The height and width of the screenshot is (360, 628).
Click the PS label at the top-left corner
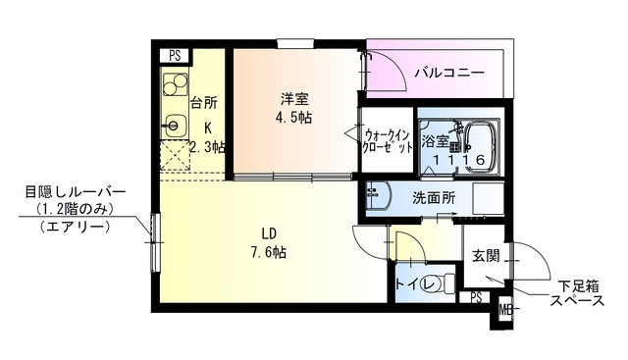[174, 56]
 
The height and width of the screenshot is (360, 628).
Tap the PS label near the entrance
[476, 296]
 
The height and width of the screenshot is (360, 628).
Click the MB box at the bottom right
[505, 312]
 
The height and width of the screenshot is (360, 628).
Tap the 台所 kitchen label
[203, 102]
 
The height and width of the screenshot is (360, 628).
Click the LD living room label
[267, 232]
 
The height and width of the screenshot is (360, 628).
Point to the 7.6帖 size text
[267, 252]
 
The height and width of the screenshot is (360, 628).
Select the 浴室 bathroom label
[435, 141]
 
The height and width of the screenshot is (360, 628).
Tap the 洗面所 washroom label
[433, 197]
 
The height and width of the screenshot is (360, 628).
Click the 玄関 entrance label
[486, 256]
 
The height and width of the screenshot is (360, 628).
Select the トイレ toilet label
[410, 285]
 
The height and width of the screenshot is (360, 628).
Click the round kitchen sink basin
[177, 126]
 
